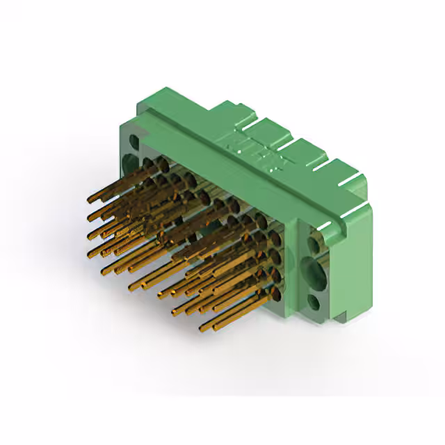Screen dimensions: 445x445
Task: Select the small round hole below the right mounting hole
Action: pos(314,303)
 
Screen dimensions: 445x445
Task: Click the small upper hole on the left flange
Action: pos(132,143)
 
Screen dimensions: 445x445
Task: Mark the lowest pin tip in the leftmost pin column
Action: pos(90,254)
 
